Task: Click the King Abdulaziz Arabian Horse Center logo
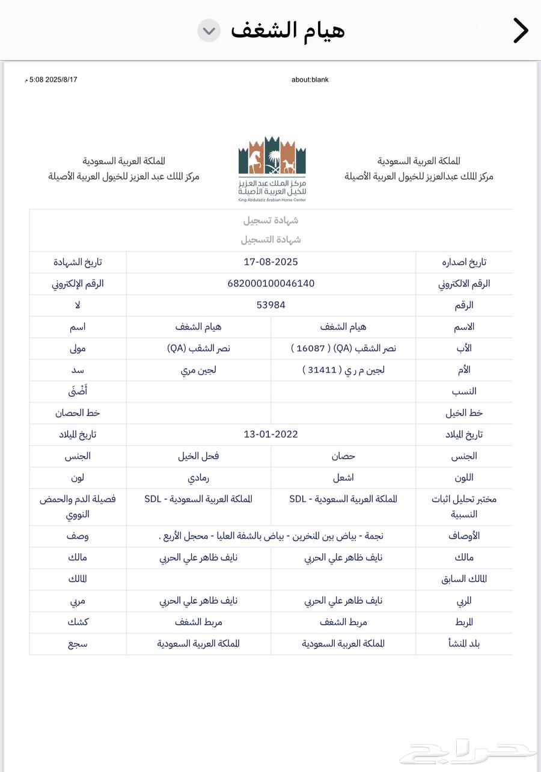[x=272, y=168]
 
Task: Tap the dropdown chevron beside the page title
[x=209, y=31]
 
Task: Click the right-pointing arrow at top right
[x=521, y=31]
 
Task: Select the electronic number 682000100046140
[x=271, y=283]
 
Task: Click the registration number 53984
[x=271, y=305]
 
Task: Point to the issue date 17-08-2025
[x=271, y=262]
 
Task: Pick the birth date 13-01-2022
[x=271, y=434]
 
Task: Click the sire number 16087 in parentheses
[x=307, y=348]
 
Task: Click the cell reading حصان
[x=343, y=456]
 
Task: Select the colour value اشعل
[x=343, y=477]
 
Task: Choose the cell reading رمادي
[x=198, y=477]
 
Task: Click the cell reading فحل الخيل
[x=198, y=456]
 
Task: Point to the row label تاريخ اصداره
[x=464, y=262]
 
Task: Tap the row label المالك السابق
[x=464, y=579]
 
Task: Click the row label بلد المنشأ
[x=464, y=644]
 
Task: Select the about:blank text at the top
[x=310, y=79]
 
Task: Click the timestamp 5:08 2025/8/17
[x=53, y=79]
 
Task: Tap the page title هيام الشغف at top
[x=288, y=30]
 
